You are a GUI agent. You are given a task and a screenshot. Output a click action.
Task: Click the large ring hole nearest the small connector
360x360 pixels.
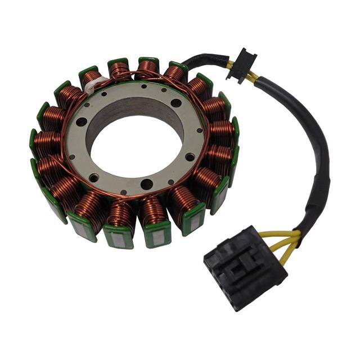click(x=176, y=103)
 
